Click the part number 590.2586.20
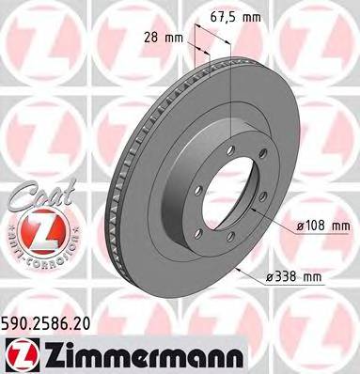coord(55,322)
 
